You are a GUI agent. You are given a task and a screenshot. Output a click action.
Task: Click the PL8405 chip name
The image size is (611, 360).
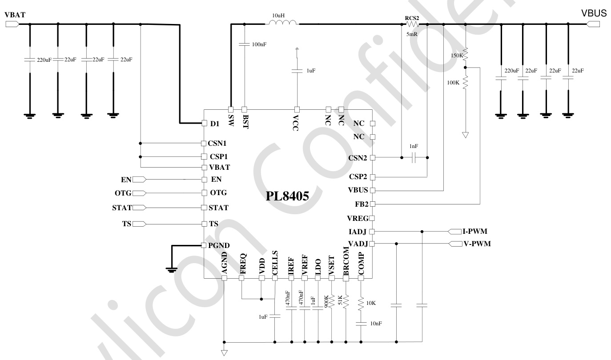pyautogui.click(x=288, y=196)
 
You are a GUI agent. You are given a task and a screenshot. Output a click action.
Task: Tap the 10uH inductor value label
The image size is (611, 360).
pyautogui.click(x=279, y=16)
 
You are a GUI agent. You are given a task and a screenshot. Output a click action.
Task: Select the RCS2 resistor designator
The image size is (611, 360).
pyautogui.click(x=412, y=18)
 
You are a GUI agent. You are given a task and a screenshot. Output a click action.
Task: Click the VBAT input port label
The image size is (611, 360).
pyautogui.click(x=15, y=15)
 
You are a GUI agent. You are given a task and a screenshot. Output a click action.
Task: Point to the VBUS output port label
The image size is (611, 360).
pyautogui.click(x=594, y=14)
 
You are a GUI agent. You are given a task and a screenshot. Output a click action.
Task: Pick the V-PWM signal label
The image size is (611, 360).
pyautogui.click(x=477, y=244)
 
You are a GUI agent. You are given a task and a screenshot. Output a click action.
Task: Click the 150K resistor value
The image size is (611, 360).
pyautogui.click(x=456, y=56)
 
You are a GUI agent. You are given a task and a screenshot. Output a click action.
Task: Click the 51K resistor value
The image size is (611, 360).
pyautogui.click(x=341, y=300)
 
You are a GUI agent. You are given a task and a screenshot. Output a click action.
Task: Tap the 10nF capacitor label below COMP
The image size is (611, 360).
pyautogui.click(x=375, y=324)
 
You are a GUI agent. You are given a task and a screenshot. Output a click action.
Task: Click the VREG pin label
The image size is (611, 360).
pyautogui.click(x=357, y=218)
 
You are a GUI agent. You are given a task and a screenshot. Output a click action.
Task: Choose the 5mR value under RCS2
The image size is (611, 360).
pyautogui.click(x=412, y=34)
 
